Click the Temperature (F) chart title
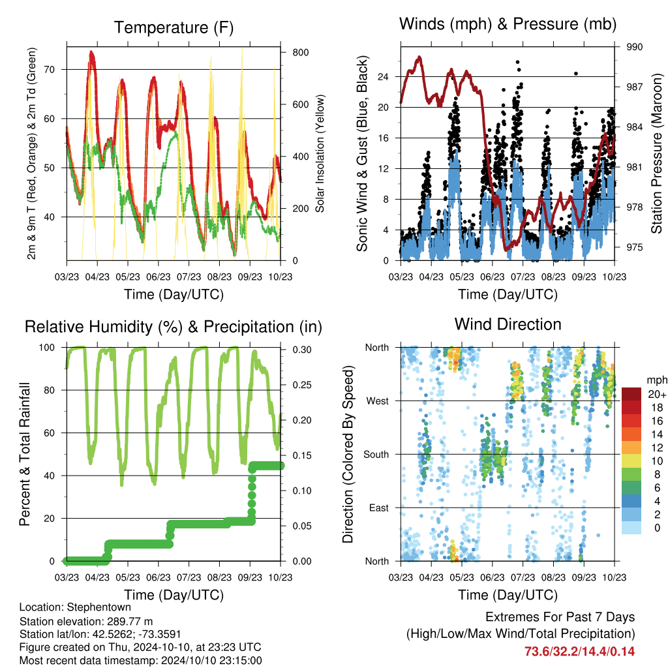point(174,27)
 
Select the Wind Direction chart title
point(508,325)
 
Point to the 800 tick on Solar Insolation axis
point(300,52)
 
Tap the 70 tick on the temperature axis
point(50,69)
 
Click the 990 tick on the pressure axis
point(634,47)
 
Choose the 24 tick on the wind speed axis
point(383,77)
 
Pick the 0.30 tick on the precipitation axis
point(302,350)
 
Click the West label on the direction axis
point(378,401)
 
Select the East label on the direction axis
point(379,508)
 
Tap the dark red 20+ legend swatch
point(631,394)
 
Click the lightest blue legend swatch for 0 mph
point(631,528)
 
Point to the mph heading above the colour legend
point(657,380)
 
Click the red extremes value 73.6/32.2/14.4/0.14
point(579,652)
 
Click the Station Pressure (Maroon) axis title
point(656,153)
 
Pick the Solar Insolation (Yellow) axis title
point(320,153)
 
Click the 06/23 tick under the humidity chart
point(158,577)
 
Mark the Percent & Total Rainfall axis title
point(25,454)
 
